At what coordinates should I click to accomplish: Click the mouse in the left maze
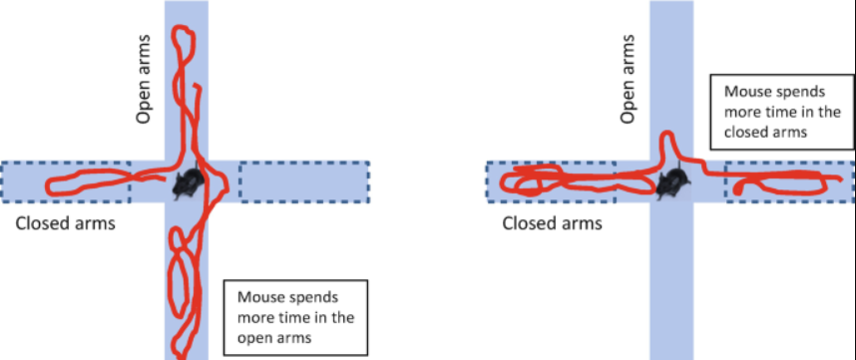(x=188, y=182)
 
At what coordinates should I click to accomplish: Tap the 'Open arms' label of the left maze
(x=143, y=90)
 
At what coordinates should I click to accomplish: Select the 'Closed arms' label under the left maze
(x=65, y=222)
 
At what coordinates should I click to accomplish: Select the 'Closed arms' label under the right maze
(x=552, y=222)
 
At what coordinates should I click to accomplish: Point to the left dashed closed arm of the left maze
(x=66, y=180)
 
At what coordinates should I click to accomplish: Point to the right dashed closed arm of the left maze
(x=304, y=180)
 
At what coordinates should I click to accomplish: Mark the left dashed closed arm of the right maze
(x=551, y=180)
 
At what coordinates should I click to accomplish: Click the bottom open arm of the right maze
(x=671, y=289)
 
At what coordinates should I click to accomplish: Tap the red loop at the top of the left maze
(x=183, y=40)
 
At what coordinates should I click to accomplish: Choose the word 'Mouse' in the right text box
(x=747, y=88)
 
